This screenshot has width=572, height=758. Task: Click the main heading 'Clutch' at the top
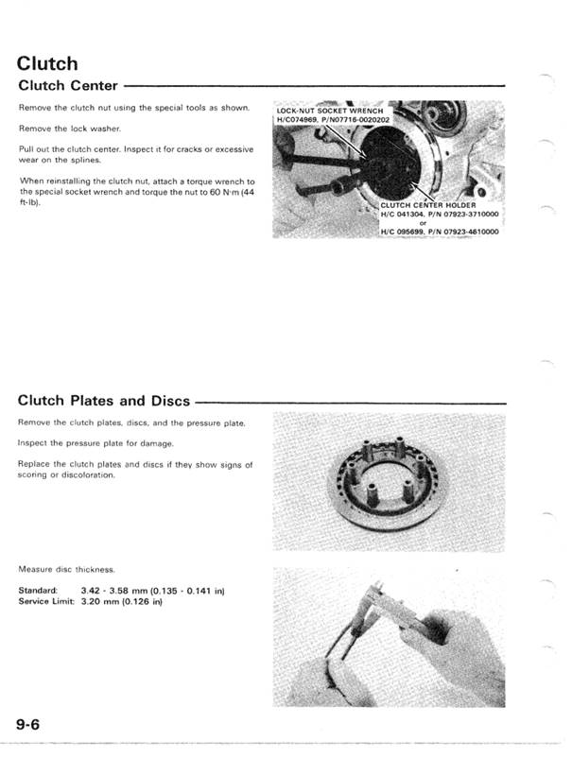(47, 64)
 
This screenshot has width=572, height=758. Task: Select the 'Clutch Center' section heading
(68, 86)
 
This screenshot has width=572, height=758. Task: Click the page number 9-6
(33, 725)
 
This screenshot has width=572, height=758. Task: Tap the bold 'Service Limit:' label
(46, 601)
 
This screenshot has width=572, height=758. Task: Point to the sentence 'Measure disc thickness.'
(66, 569)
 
